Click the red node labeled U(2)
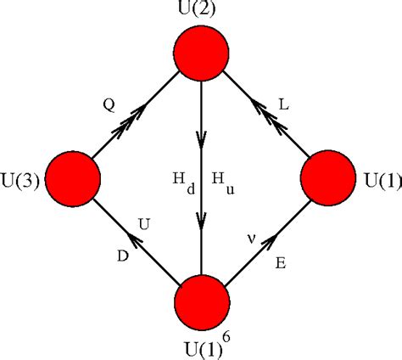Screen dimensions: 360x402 [x=202, y=53]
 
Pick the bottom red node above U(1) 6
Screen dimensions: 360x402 [x=202, y=302]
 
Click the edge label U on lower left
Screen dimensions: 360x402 [x=145, y=223]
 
